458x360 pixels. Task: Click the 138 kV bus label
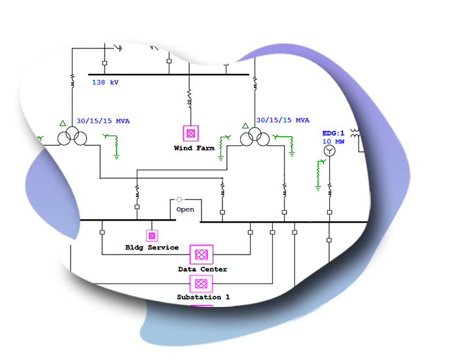[x=105, y=82]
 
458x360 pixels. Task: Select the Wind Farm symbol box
[x=190, y=134]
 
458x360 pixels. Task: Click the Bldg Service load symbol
[x=152, y=235]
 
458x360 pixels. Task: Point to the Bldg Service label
[x=152, y=247]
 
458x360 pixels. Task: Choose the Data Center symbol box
[x=202, y=255]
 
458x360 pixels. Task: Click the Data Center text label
[x=202, y=269]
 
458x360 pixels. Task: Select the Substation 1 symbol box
[x=202, y=283]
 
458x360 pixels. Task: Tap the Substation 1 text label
[x=203, y=297]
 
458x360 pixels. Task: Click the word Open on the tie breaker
[x=185, y=209]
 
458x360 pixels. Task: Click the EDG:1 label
[x=333, y=133]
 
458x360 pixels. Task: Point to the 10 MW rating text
[x=333, y=141]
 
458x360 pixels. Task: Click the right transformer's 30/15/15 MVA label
[x=283, y=120]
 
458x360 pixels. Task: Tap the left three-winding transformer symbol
[x=71, y=138]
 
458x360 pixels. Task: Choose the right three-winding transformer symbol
[x=253, y=138]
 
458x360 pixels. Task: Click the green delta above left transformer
[x=63, y=124]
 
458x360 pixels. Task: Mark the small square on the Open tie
[x=179, y=199]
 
